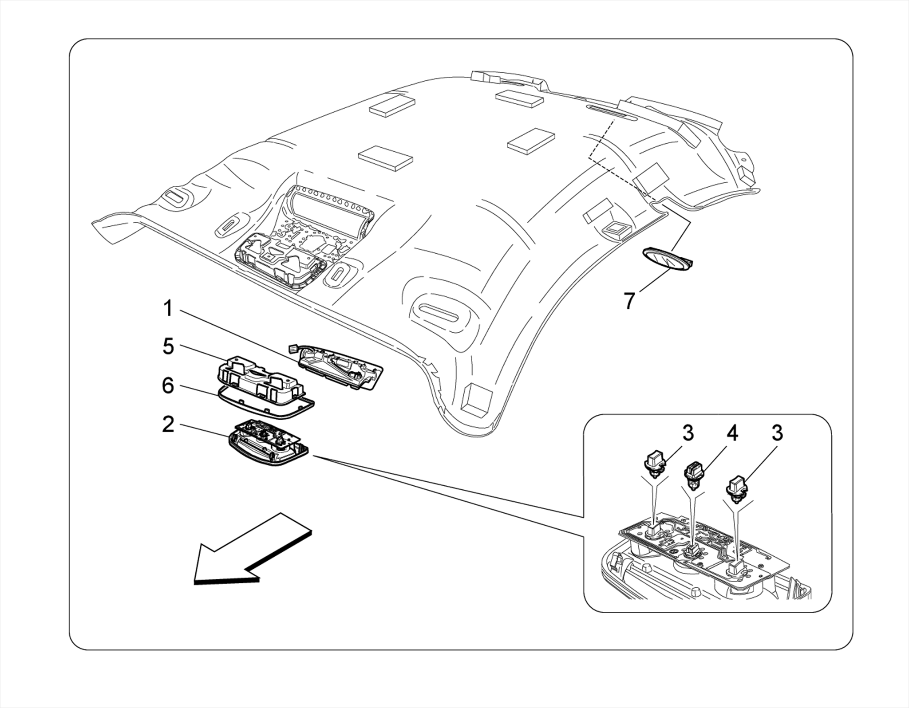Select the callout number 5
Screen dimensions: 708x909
pyautogui.click(x=168, y=347)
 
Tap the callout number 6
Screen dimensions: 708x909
pyautogui.click(x=168, y=386)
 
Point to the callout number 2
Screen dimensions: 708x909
pyautogui.click(x=168, y=425)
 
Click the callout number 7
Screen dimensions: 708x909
pyautogui.click(x=629, y=301)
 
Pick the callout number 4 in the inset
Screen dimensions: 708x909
pyautogui.click(x=732, y=433)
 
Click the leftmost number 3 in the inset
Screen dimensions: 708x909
pyautogui.click(x=688, y=433)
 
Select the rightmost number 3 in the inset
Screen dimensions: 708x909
pyautogui.click(x=777, y=433)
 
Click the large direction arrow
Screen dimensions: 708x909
pyautogui.click(x=249, y=552)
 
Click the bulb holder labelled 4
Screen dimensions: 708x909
pyautogui.click(x=693, y=475)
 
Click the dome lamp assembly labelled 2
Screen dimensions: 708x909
pyautogui.click(x=266, y=446)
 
